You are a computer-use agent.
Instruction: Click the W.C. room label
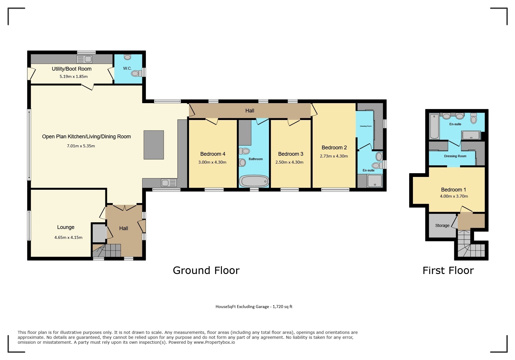127,69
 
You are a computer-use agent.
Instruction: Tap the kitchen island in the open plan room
154,145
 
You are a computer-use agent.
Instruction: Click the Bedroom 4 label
213,154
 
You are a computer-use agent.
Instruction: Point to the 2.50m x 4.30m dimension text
289,162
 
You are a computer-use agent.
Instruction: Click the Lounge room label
66,227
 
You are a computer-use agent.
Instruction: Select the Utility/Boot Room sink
84,60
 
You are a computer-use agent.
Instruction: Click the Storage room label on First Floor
442,225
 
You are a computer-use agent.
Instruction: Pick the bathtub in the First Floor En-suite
434,126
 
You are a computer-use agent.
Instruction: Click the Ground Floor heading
206,271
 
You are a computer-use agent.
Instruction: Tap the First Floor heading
448,271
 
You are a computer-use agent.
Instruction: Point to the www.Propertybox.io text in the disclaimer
214,342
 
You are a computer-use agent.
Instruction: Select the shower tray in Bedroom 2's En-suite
374,181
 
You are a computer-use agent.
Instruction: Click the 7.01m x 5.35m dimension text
81,146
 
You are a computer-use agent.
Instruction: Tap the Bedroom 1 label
453,190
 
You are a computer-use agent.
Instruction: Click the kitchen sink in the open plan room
169,183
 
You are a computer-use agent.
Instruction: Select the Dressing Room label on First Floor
455,156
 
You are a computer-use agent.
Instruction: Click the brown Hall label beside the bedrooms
250,110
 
